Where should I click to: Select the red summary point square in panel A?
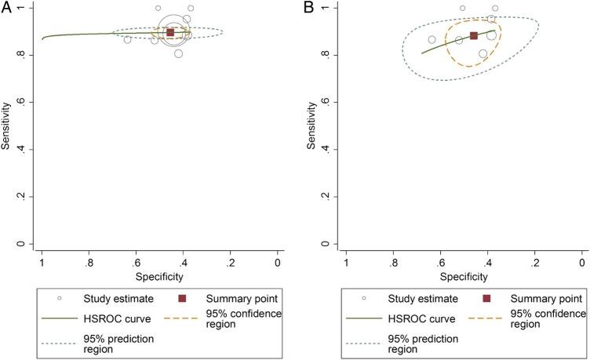coord(170,32)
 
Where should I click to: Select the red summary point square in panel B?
coord(474,35)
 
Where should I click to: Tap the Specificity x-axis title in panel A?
coord(159,276)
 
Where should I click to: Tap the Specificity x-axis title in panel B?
coord(464,276)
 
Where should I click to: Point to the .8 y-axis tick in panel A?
coord(24,56)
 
